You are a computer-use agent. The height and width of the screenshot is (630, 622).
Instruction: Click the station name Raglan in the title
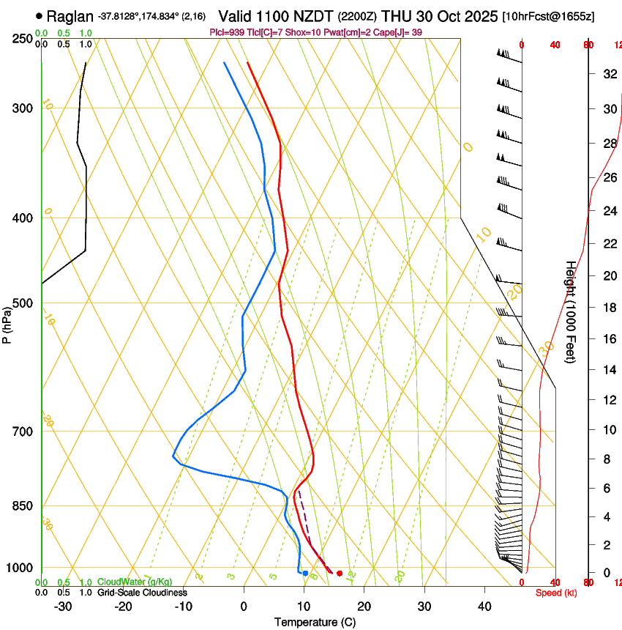[70, 16]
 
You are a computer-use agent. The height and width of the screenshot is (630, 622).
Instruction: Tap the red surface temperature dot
[339, 574]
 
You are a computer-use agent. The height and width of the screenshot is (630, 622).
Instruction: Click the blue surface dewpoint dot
[305, 574]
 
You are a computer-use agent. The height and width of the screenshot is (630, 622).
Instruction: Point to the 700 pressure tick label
[23, 431]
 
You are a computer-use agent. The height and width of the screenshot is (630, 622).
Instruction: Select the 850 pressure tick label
[23, 506]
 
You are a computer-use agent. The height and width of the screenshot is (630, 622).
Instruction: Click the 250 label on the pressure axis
[23, 38]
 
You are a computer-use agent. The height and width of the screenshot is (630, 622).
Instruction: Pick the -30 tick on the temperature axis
[63, 607]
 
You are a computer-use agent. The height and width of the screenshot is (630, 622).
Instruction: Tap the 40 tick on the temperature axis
[484, 607]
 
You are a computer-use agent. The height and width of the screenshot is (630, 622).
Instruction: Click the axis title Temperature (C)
[315, 623]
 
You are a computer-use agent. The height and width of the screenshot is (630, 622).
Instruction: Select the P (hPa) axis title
[7, 322]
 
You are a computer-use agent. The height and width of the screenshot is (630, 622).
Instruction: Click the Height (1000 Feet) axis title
[570, 311]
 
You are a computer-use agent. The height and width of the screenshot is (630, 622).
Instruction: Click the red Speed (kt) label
[555, 593]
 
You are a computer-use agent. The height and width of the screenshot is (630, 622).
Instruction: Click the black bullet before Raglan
[39, 16]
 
